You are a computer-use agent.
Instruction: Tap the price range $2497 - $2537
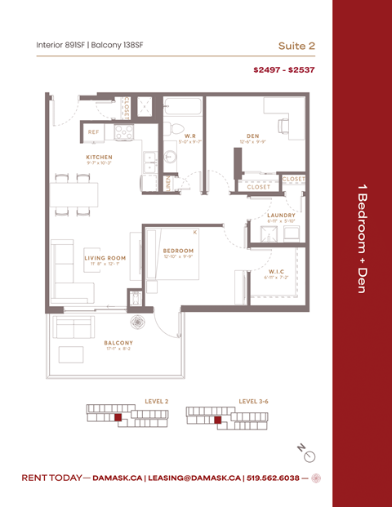click(283, 70)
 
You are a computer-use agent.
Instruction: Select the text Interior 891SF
click(64, 45)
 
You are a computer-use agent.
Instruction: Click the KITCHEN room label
click(99, 157)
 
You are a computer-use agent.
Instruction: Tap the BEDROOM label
click(177, 251)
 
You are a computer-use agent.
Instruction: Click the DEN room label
click(252, 136)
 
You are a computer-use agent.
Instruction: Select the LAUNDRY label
click(281, 215)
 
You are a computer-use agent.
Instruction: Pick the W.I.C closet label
click(277, 271)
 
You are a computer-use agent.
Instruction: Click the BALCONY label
click(118, 343)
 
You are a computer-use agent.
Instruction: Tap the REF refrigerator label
click(95, 131)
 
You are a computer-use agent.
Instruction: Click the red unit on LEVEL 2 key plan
click(118, 417)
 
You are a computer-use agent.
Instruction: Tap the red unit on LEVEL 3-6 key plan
click(217, 420)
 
